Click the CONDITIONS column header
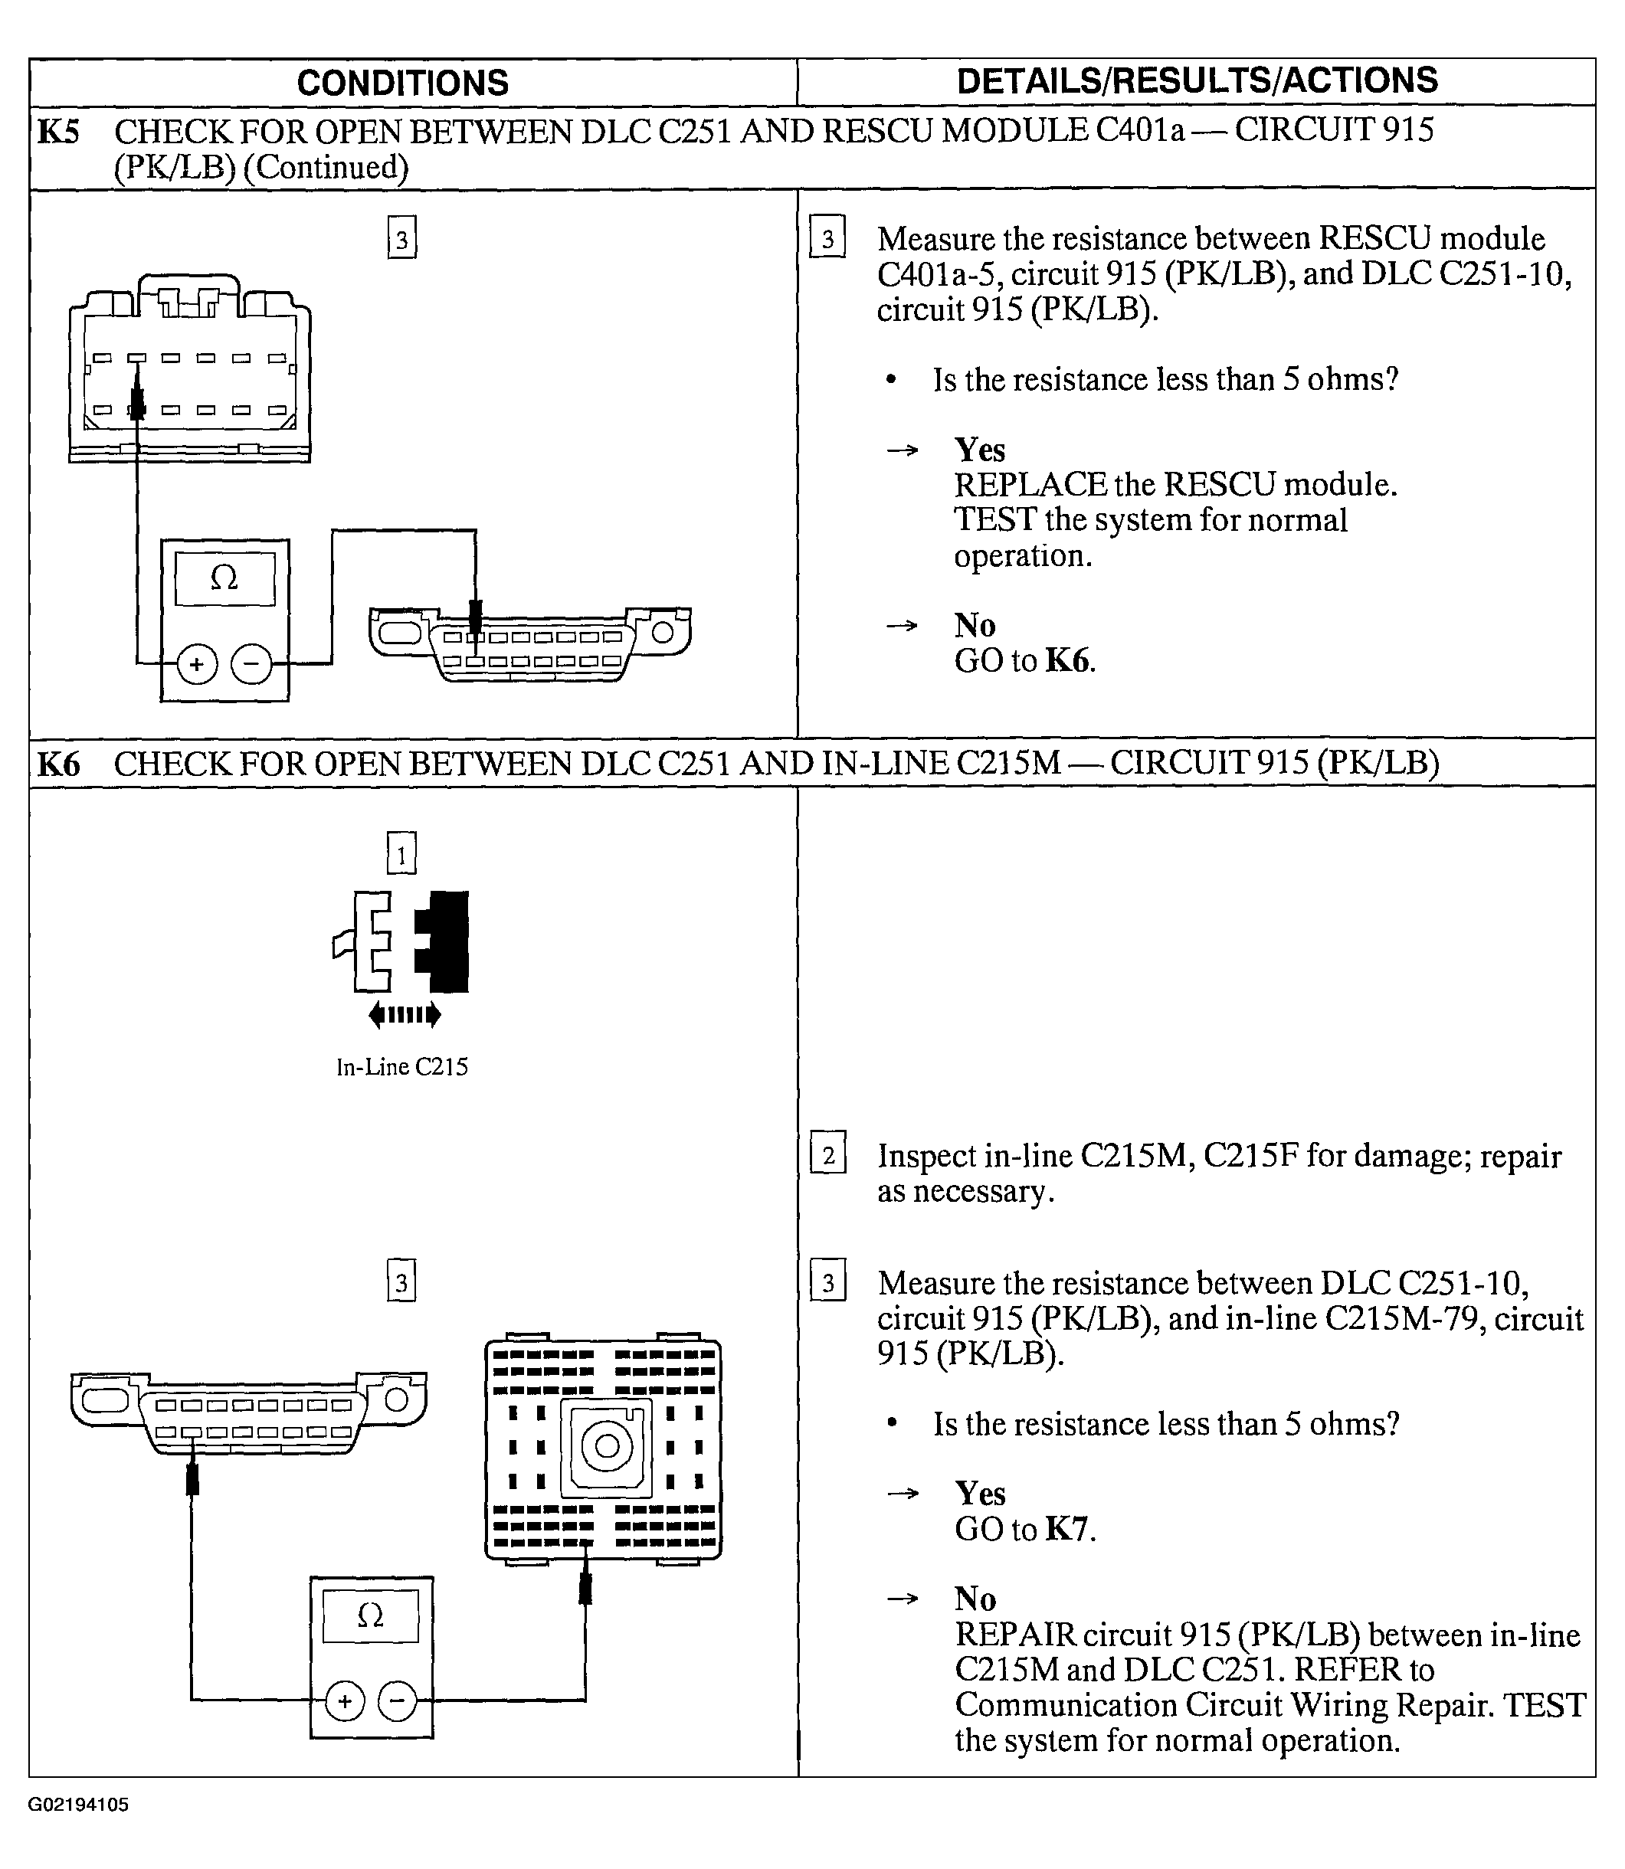[403, 83]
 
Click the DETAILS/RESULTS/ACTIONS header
[1197, 80]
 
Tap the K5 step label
[58, 133]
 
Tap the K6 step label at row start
[58, 764]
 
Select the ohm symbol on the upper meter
[224, 578]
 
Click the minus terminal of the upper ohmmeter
[251, 664]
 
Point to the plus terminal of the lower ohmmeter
[345, 1701]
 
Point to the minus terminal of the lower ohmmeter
[397, 1701]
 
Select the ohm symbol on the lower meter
[370, 1615]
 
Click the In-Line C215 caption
[401, 1067]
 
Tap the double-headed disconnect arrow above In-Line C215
[405, 1014]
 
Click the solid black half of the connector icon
[444, 941]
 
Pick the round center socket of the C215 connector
[606, 1445]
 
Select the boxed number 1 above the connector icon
[401, 853]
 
